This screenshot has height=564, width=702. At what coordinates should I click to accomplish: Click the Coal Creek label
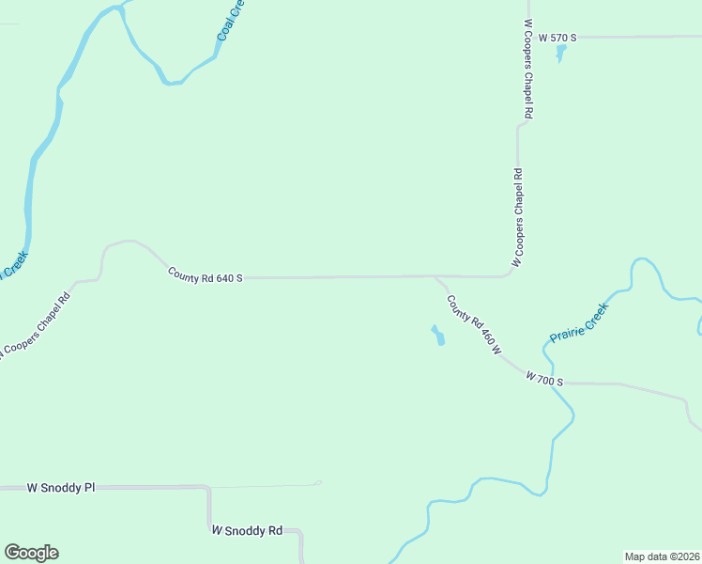point(230,20)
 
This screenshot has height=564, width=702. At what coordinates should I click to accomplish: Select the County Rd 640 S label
point(206,275)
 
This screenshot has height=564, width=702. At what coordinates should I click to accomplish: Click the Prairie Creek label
point(579,321)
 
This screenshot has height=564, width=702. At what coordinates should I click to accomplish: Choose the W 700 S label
point(544,379)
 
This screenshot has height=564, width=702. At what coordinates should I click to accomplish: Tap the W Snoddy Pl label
point(61,488)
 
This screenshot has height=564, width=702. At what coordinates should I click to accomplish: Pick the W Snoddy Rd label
point(247,530)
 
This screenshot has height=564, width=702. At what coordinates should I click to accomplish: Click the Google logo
point(31,553)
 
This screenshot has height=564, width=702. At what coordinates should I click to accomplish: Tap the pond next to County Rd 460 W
point(437,335)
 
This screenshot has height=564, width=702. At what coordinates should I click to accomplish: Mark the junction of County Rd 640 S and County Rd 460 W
point(435,276)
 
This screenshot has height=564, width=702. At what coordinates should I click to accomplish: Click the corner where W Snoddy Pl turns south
point(207,488)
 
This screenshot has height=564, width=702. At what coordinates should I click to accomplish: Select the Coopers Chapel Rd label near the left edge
point(37,323)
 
